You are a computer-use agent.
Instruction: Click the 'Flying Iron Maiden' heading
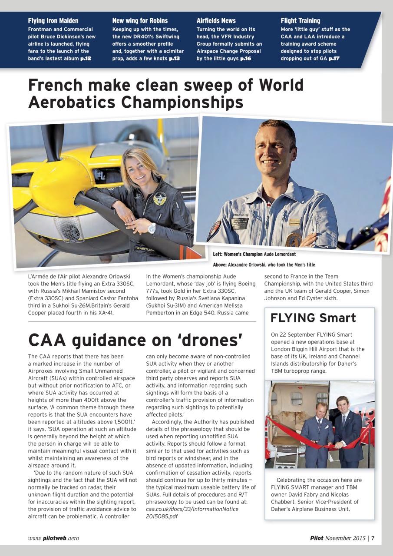pos(53,20)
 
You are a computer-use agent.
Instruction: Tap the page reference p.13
pos(174,58)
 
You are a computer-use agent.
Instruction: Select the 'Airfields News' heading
pos(216,20)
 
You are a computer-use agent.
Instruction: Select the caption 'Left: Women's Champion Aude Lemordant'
pos(254,254)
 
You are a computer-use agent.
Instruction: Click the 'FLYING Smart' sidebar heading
pos(313,318)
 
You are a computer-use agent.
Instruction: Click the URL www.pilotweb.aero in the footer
pos(53,538)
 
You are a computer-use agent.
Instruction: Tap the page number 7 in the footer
pos(373,538)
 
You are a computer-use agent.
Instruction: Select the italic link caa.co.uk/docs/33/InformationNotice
pos(191,509)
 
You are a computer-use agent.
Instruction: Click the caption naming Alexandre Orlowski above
pos(264,265)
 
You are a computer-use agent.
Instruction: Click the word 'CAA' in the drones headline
pos(51,340)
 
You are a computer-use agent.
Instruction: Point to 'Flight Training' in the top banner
pos(300,20)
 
